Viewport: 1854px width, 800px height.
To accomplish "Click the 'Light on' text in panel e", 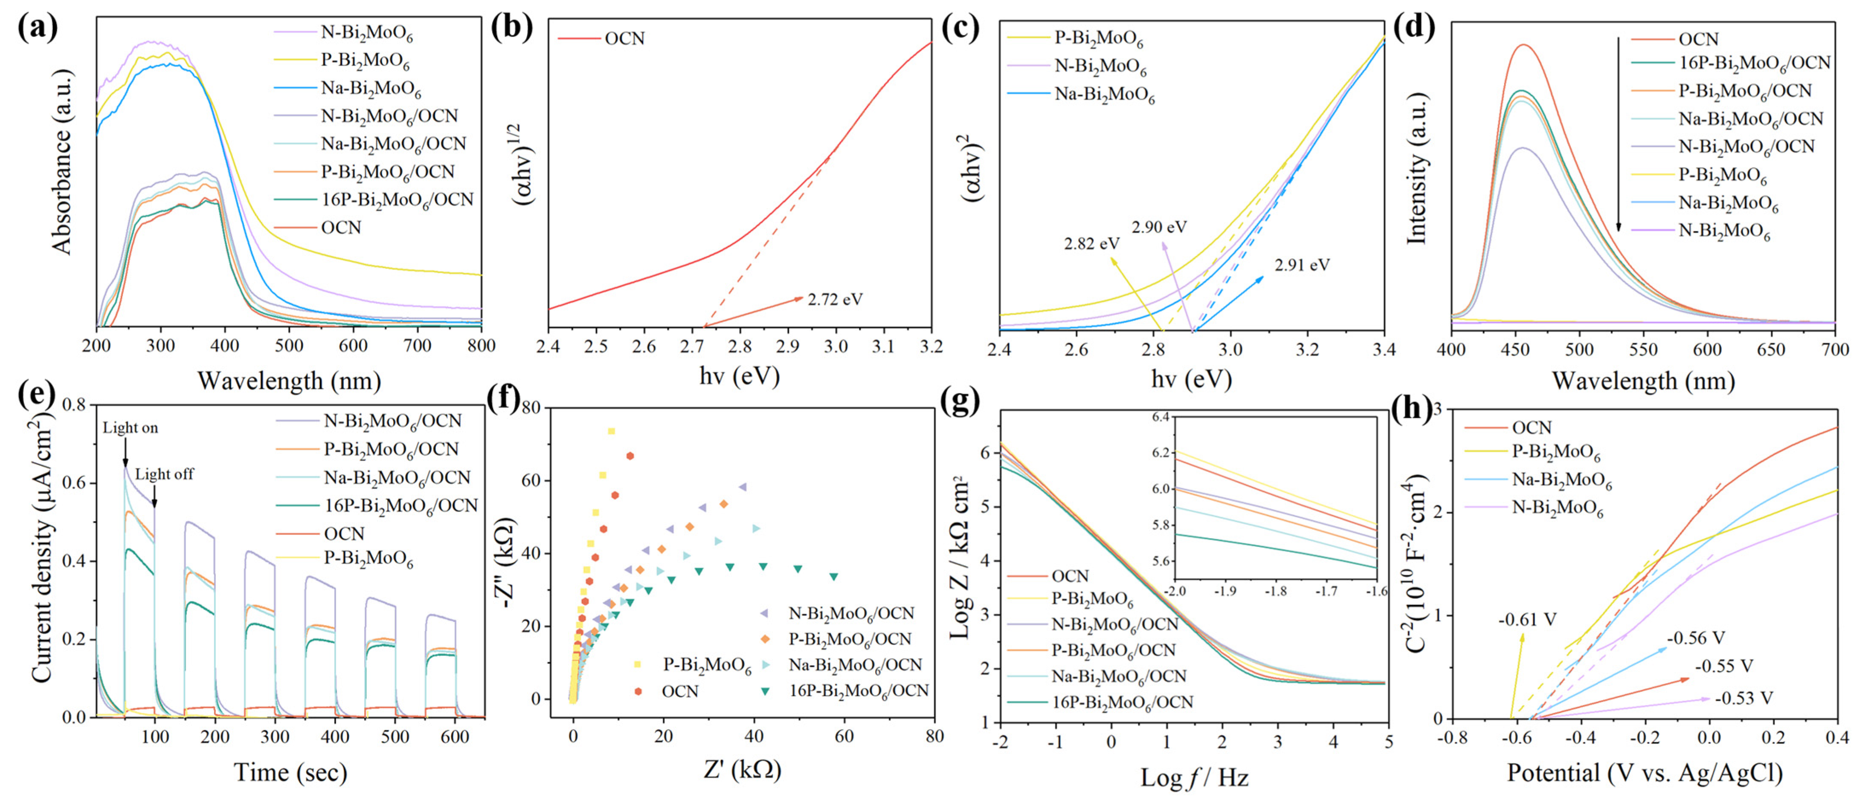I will (130, 428).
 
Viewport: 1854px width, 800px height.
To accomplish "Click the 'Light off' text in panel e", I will (164, 474).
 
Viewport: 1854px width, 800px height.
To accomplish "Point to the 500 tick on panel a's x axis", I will (289, 346).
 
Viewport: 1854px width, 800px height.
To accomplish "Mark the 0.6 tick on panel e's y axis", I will (76, 483).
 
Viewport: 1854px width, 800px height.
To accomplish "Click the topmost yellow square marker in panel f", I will (611, 431).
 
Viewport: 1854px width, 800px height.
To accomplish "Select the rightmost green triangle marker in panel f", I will (833, 576).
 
